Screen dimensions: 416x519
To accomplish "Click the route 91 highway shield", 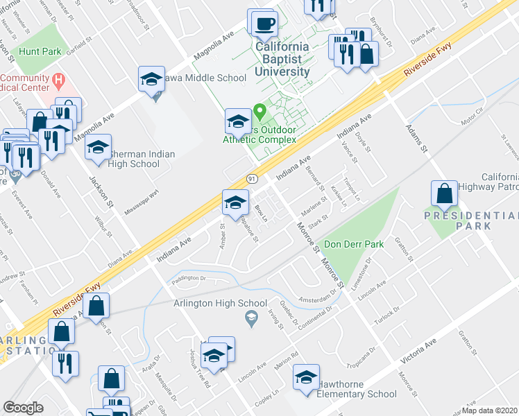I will point(253,178).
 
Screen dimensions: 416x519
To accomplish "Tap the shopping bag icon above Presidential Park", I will point(444,195).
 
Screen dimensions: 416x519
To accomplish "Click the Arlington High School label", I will point(221,303).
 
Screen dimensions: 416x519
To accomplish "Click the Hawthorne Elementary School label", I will point(357,395).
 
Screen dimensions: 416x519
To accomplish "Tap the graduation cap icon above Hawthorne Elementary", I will point(305,377).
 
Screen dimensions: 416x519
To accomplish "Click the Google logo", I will point(24,408).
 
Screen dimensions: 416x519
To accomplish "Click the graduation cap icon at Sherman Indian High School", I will point(99,148).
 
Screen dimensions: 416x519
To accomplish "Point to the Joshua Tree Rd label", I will point(203,375).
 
